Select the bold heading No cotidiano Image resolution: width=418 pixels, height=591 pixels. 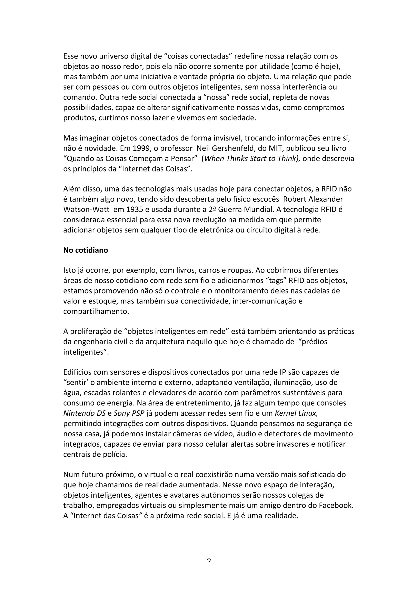tap(86, 250)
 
